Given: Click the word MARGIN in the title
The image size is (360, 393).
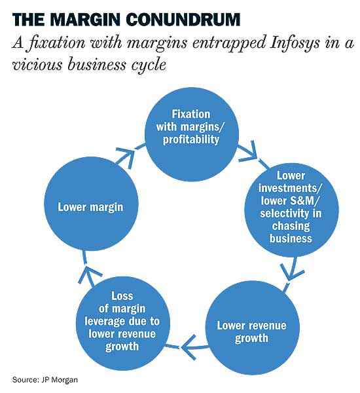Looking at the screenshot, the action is click(x=86, y=19).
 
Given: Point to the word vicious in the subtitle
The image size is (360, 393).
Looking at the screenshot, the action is click(x=37, y=64).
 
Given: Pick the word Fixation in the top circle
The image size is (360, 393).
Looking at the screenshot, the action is click(x=191, y=114).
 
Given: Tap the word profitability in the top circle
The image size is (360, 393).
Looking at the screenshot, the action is click(x=191, y=140).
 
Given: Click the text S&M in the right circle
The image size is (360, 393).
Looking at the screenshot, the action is click(x=304, y=200).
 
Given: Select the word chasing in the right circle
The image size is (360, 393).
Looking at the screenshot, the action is click(x=291, y=226).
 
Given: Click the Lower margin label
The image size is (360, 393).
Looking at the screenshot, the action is click(x=90, y=207).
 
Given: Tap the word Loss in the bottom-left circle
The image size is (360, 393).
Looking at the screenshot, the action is click(x=122, y=296).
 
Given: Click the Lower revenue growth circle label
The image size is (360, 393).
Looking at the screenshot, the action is click(x=251, y=331).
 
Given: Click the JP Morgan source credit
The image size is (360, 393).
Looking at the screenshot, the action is click(x=45, y=379).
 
